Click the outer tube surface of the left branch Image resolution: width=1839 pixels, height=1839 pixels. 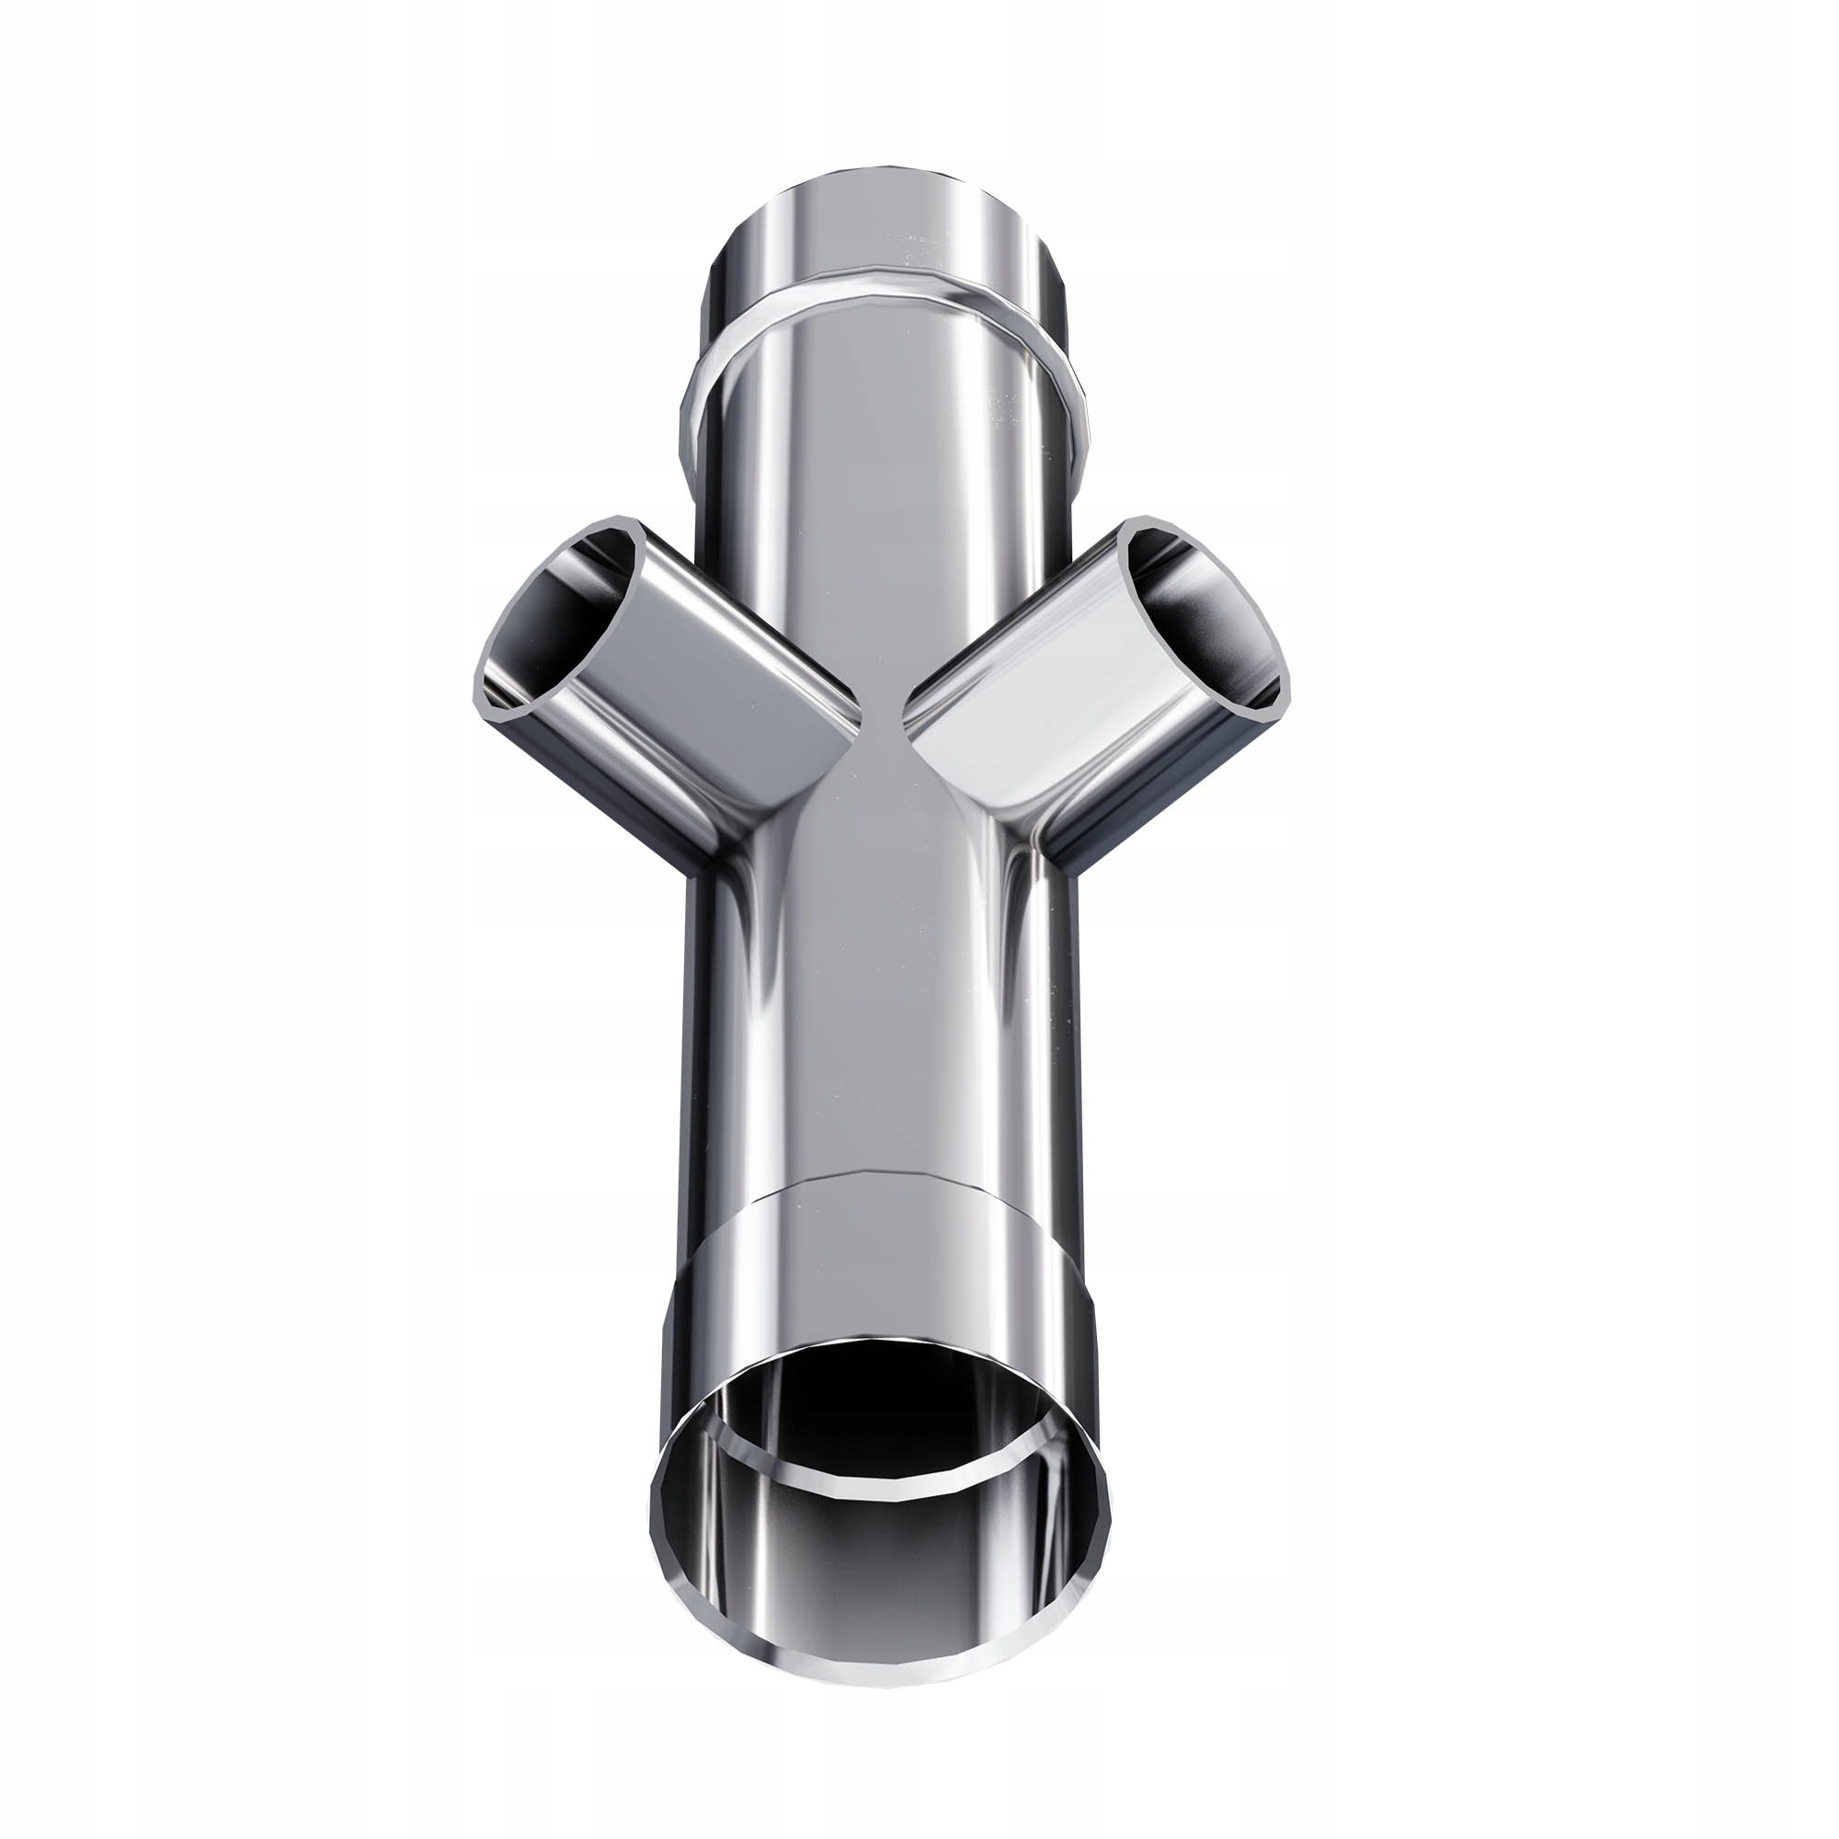pyautogui.click(x=704, y=685)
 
